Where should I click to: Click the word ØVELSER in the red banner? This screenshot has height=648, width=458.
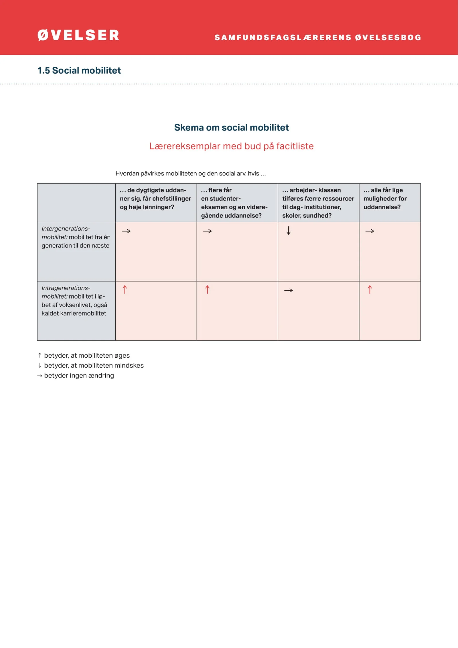pos(78,35)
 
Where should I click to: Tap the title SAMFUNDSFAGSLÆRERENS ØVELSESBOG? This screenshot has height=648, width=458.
pos(318,38)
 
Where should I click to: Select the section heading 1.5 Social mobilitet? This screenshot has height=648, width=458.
pos(79,70)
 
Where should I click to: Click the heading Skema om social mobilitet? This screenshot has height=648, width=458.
pos(231,127)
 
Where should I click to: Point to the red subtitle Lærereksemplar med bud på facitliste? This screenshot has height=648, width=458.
pos(231,146)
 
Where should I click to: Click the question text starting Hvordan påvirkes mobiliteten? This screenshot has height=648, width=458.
pos(190,174)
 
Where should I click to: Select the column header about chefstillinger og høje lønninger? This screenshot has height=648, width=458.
pos(155,198)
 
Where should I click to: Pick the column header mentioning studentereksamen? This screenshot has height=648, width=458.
pos(234,203)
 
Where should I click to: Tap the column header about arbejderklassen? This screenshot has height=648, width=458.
pos(318,203)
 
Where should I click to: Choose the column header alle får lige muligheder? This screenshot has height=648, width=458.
pos(385,198)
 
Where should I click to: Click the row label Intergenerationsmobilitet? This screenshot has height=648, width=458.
pos(76,237)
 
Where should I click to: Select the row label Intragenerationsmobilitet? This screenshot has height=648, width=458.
pos(74,300)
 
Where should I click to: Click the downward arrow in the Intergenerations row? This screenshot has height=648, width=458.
pos(289,231)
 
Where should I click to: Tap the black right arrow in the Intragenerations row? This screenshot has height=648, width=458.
pos(288,290)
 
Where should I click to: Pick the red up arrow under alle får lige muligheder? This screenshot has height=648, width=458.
pos(370,289)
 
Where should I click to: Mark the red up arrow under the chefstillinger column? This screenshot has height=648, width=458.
pos(125,289)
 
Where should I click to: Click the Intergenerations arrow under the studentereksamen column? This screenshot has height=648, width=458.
pos(207,231)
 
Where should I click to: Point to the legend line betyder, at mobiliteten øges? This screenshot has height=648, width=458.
pos(86,355)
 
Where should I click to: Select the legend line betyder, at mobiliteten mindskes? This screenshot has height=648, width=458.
pos(94,365)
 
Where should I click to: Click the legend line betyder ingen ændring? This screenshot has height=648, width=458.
pos(79,375)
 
